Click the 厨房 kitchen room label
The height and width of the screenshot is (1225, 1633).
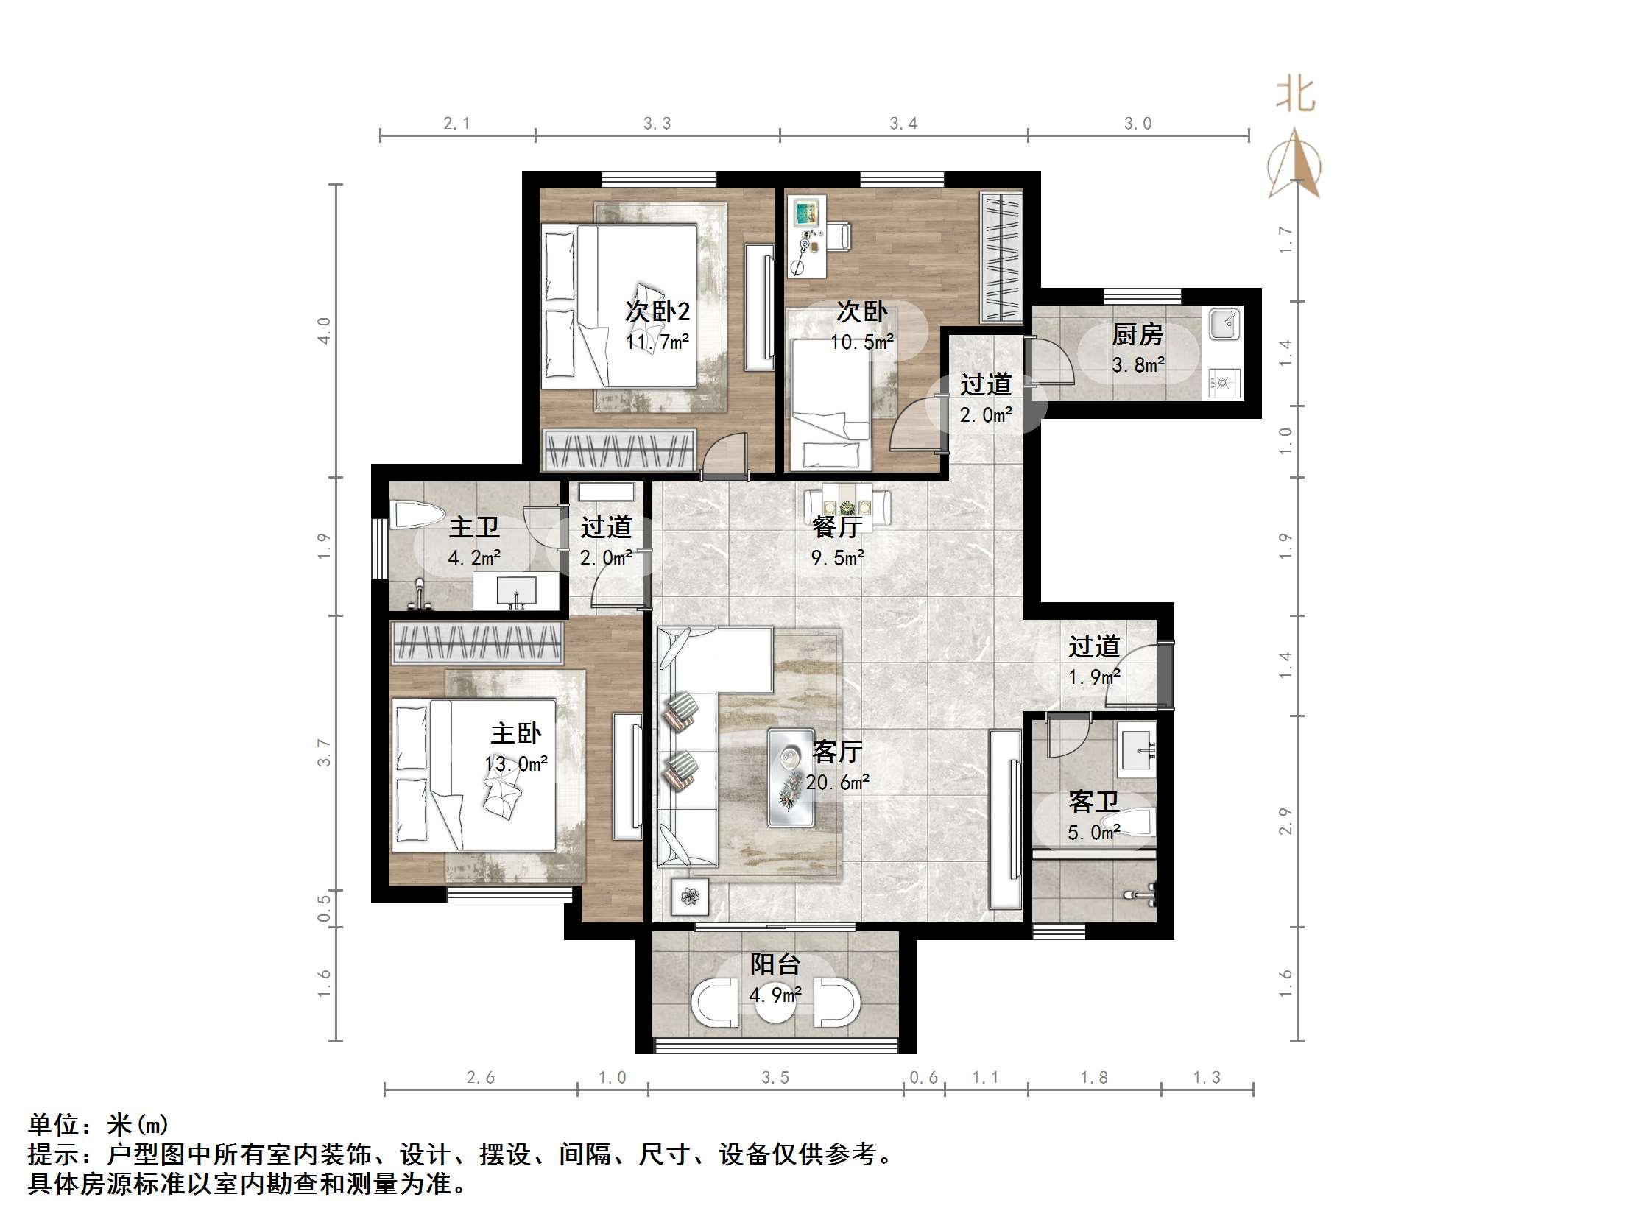1137,335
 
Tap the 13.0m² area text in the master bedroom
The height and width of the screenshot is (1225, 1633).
516,764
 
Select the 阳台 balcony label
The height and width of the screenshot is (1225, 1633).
775,964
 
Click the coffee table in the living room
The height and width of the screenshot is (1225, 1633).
791,777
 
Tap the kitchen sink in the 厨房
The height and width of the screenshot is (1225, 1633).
1226,323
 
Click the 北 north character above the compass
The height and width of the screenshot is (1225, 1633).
1296,95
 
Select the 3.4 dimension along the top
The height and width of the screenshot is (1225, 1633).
903,124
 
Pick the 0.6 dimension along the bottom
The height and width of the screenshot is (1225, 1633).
923,1078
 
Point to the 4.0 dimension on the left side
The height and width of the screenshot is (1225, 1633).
324,330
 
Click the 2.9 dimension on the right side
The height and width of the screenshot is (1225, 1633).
1285,821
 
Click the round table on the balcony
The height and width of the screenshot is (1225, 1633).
775,1003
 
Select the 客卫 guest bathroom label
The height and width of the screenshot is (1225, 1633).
1093,802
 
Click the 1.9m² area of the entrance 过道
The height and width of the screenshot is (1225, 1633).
1094,677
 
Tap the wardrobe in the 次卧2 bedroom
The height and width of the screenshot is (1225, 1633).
618,449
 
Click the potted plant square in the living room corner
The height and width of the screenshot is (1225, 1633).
691,897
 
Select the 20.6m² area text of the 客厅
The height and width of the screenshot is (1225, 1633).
837,783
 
